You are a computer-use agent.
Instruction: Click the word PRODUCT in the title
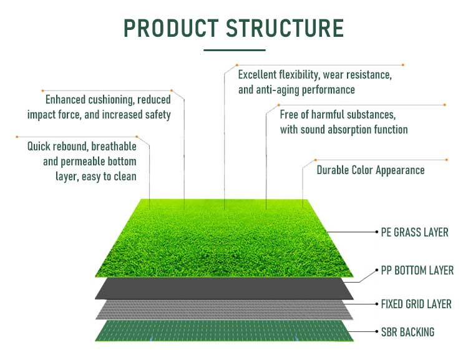[171, 28]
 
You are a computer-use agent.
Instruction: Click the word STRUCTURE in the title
[285, 28]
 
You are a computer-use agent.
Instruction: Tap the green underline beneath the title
[235, 50]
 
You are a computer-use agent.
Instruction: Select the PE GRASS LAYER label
[414, 232]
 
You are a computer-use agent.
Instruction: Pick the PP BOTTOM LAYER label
[417, 270]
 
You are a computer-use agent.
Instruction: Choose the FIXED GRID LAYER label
[416, 304]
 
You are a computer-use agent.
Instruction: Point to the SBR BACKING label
[407, 332]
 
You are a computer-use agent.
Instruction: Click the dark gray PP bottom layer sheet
[225, 288]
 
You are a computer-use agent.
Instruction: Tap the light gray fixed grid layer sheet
[225, 310]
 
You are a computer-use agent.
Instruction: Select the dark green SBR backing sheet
[225, 331]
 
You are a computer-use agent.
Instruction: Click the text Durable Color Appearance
[371, 170]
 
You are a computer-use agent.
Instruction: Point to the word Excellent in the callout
[257, 75]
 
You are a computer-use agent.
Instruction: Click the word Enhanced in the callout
[66, 100]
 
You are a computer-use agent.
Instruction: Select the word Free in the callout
[289, 115]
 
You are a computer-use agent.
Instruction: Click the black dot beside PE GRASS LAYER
[377, 232]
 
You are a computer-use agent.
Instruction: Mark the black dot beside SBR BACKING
[377, 331]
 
